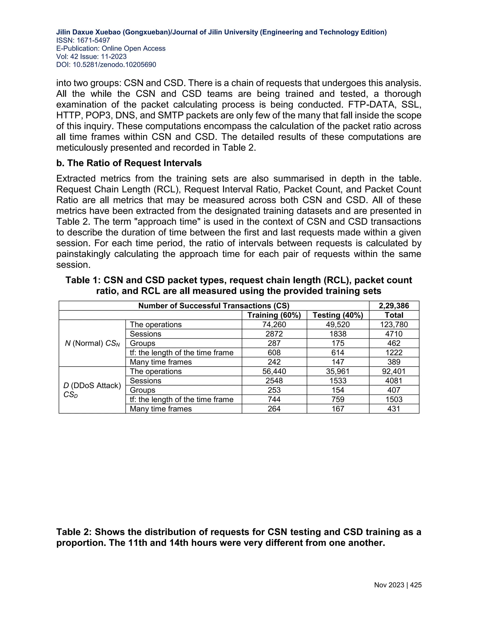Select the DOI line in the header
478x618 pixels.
106,65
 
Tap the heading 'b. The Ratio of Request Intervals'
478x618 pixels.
129,163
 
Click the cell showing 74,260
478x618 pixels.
274,324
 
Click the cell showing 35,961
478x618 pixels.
337,371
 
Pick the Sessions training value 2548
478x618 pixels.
274,381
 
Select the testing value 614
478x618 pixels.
337,353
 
